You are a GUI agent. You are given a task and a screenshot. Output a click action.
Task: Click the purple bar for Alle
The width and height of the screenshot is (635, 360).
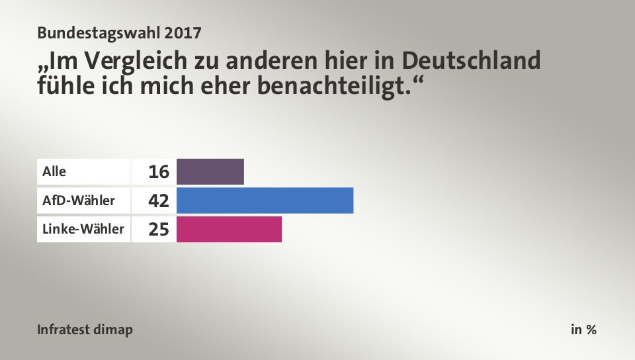pos(210,171)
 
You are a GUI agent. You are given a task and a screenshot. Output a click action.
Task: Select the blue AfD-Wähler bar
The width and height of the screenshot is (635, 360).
pos(265,201)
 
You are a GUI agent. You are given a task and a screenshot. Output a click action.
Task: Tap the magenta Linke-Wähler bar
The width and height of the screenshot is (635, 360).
pos(229,229)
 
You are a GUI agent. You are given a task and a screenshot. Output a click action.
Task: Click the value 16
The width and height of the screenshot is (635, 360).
pos(159,172)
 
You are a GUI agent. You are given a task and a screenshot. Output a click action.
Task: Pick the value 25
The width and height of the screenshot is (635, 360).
pos(159,230)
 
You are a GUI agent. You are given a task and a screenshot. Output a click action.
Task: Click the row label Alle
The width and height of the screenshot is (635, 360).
pos(54,171)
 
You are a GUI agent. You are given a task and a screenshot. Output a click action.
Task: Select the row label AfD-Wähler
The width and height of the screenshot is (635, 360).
pos(69,201)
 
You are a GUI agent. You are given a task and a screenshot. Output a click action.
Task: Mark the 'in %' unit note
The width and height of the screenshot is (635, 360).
pos(583,330)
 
